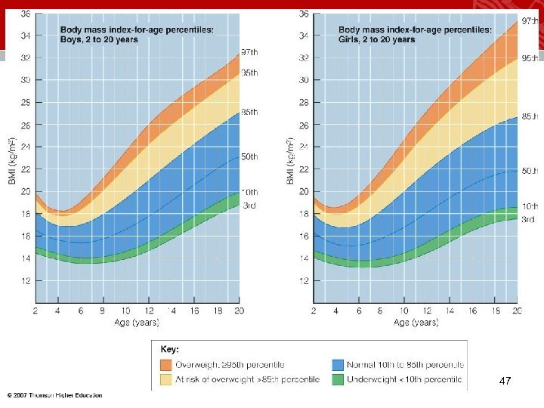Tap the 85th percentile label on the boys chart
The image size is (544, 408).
click(x=249, y=112)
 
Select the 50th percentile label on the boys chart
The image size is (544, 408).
click(x=249, y=156)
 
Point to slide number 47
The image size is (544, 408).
click(x=505, y=383)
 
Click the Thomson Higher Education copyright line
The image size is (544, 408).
click(x=54, y=395)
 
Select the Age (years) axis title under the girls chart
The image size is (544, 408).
click(x=416, y=323)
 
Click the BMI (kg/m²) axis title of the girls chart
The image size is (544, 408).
click(x=290, y=161)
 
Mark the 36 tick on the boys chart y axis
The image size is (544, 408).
click(x=25, y=13)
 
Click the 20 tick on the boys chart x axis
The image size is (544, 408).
click(x=240, y=311)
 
